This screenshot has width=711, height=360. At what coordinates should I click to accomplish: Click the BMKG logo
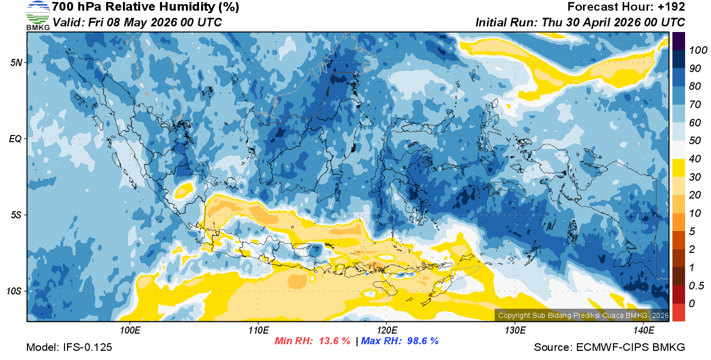[38, 15]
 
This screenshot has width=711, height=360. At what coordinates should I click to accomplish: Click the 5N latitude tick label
[16, 62]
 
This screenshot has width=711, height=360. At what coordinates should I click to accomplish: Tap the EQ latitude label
[15, 139]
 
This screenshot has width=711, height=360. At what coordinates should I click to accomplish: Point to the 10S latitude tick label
[14, 291]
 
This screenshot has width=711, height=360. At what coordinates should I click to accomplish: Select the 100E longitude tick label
[131, 330]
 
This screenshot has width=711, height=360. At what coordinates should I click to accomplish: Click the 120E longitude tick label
[386, 330]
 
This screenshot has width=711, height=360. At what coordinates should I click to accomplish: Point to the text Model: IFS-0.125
[69, 347]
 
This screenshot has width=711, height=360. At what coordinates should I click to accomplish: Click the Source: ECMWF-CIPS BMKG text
[609, 347]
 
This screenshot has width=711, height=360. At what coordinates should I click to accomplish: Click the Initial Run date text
[580, 22]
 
